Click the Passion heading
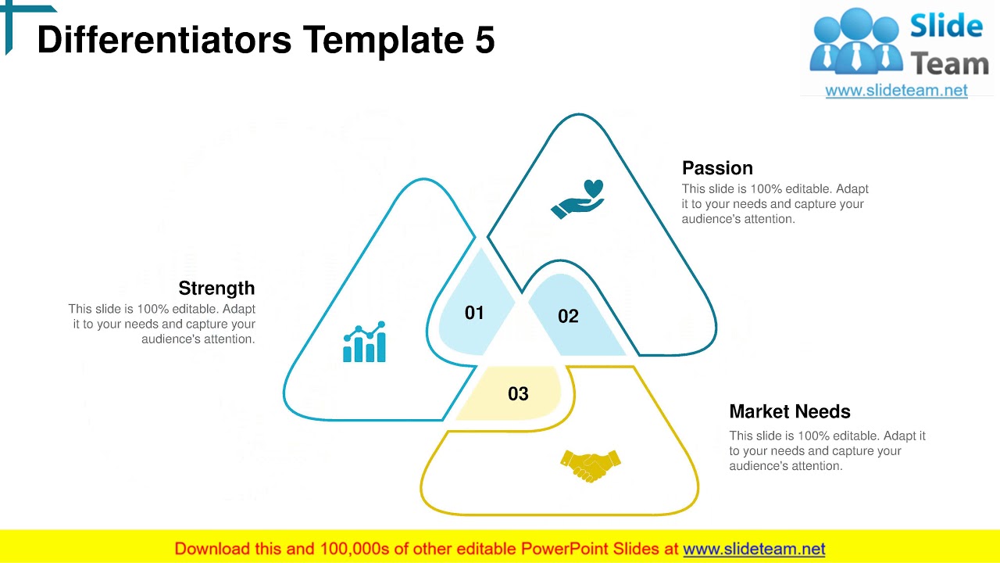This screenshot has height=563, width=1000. click(717, 168)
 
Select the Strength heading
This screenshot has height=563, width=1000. click(216, 288)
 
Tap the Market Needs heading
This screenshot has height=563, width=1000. click(789, 411)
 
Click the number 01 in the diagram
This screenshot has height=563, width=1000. click(474, 313)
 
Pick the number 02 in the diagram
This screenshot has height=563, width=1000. click(568, 316)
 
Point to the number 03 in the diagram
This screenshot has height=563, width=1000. click(518, 394)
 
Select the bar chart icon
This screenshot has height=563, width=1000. click(364, 342)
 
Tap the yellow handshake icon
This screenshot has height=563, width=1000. click(591, 465)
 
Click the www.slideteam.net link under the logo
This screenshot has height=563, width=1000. click(896, 91)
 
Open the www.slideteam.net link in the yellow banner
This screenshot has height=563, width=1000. click(754, 549)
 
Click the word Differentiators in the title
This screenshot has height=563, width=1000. click(164, 41)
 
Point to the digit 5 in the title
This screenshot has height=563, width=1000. click(484, 41)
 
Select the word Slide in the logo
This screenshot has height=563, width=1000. click(946, 27)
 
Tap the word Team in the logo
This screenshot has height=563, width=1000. click(950, 63)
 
